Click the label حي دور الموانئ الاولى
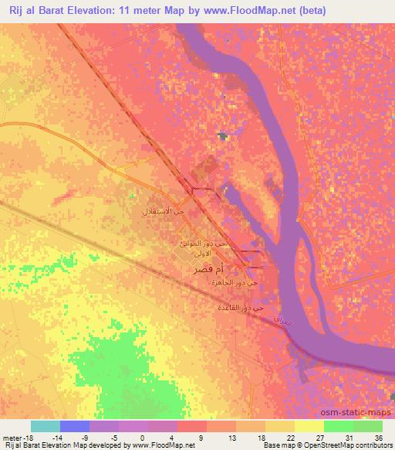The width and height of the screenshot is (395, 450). point(201,248)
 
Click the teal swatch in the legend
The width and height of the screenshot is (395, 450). point(46,426)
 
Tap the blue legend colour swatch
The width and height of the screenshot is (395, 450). point(75,426)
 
